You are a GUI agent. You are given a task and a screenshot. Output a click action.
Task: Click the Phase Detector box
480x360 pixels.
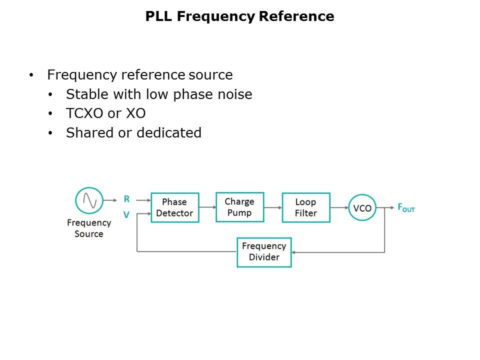point(174,207)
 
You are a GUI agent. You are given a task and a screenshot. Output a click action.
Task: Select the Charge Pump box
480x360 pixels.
point(239,207)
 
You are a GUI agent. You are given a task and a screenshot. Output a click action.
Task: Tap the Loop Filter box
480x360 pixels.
point(305,207)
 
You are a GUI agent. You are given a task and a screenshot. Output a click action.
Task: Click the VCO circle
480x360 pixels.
point(362,207)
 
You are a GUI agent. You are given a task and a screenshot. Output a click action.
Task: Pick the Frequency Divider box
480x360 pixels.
point(264,252)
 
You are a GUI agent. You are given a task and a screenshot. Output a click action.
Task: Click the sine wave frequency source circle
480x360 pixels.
point(89,201)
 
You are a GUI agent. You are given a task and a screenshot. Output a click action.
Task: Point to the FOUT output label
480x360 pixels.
point(405,207)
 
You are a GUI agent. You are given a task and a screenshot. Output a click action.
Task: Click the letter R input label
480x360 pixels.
point(127,199)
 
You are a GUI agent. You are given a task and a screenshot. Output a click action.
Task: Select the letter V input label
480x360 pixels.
point(126,215)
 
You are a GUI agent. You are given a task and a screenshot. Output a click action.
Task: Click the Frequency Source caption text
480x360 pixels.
point(89,228)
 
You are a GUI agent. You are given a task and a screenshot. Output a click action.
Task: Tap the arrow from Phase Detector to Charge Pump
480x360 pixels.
point(207,207)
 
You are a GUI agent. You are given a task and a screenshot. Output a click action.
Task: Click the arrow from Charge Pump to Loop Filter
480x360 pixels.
point(272,207)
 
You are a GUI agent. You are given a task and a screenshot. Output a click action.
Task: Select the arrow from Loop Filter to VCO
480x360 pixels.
point(339,207)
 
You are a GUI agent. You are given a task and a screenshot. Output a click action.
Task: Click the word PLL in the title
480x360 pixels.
point(159,16)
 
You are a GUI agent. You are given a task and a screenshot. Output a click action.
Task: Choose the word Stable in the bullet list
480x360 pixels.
point(83,94)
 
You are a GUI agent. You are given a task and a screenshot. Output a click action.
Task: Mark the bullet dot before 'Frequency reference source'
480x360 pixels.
point(32,75)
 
